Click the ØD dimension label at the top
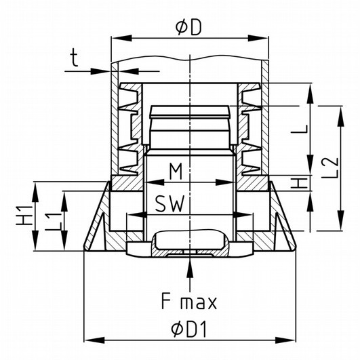[188, 28]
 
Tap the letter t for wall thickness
[74, 58]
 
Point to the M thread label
[176, 171]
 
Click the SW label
[169, 204]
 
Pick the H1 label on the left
[24, 216]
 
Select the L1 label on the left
[54, 222]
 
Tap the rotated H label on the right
[299, 183]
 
